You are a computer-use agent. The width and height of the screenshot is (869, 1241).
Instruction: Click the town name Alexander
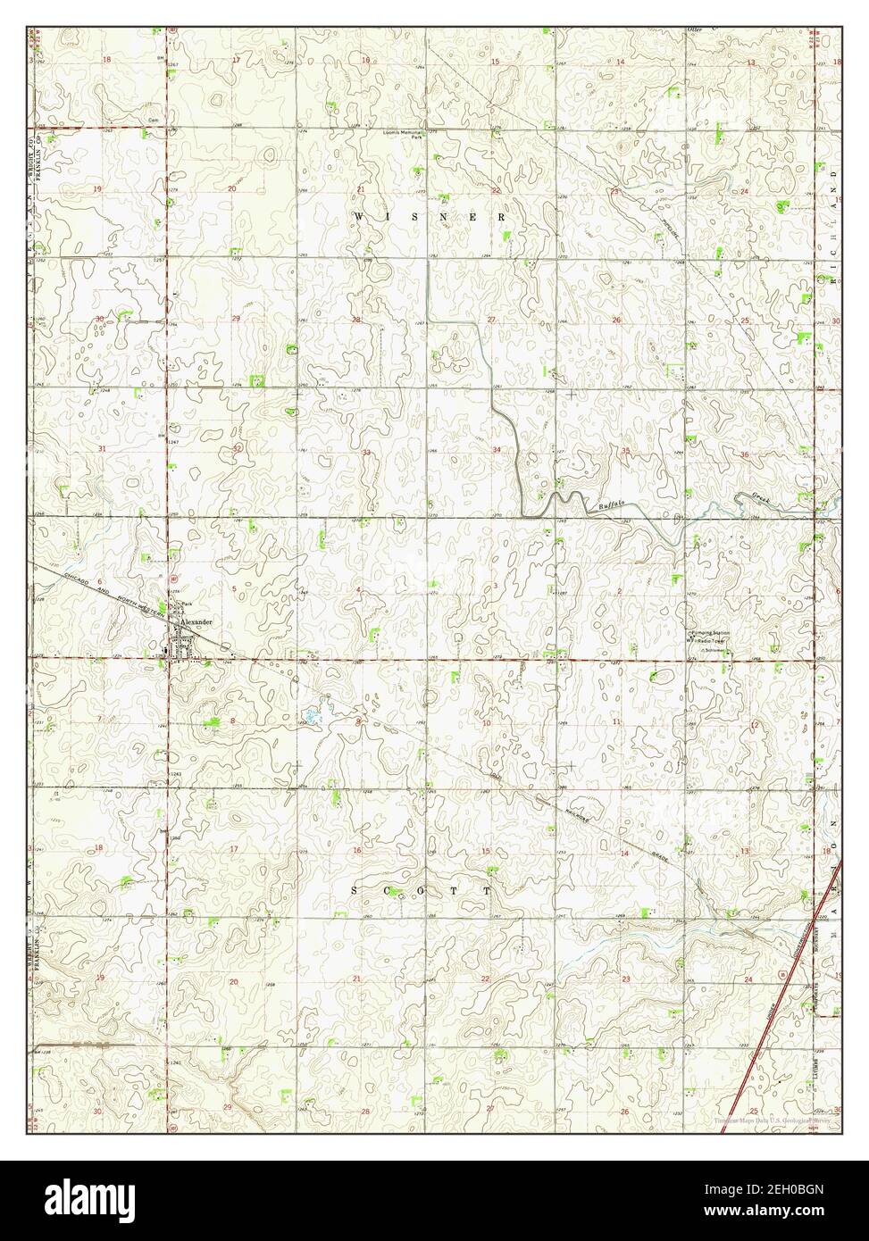[196, 620]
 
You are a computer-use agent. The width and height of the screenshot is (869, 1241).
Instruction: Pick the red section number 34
[496, 451]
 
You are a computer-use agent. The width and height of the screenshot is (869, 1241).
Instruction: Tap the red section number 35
[625, 451]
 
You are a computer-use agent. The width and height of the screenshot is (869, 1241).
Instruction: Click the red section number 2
[619, 591]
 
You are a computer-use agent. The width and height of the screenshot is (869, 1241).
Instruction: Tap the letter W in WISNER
[358, 217]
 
